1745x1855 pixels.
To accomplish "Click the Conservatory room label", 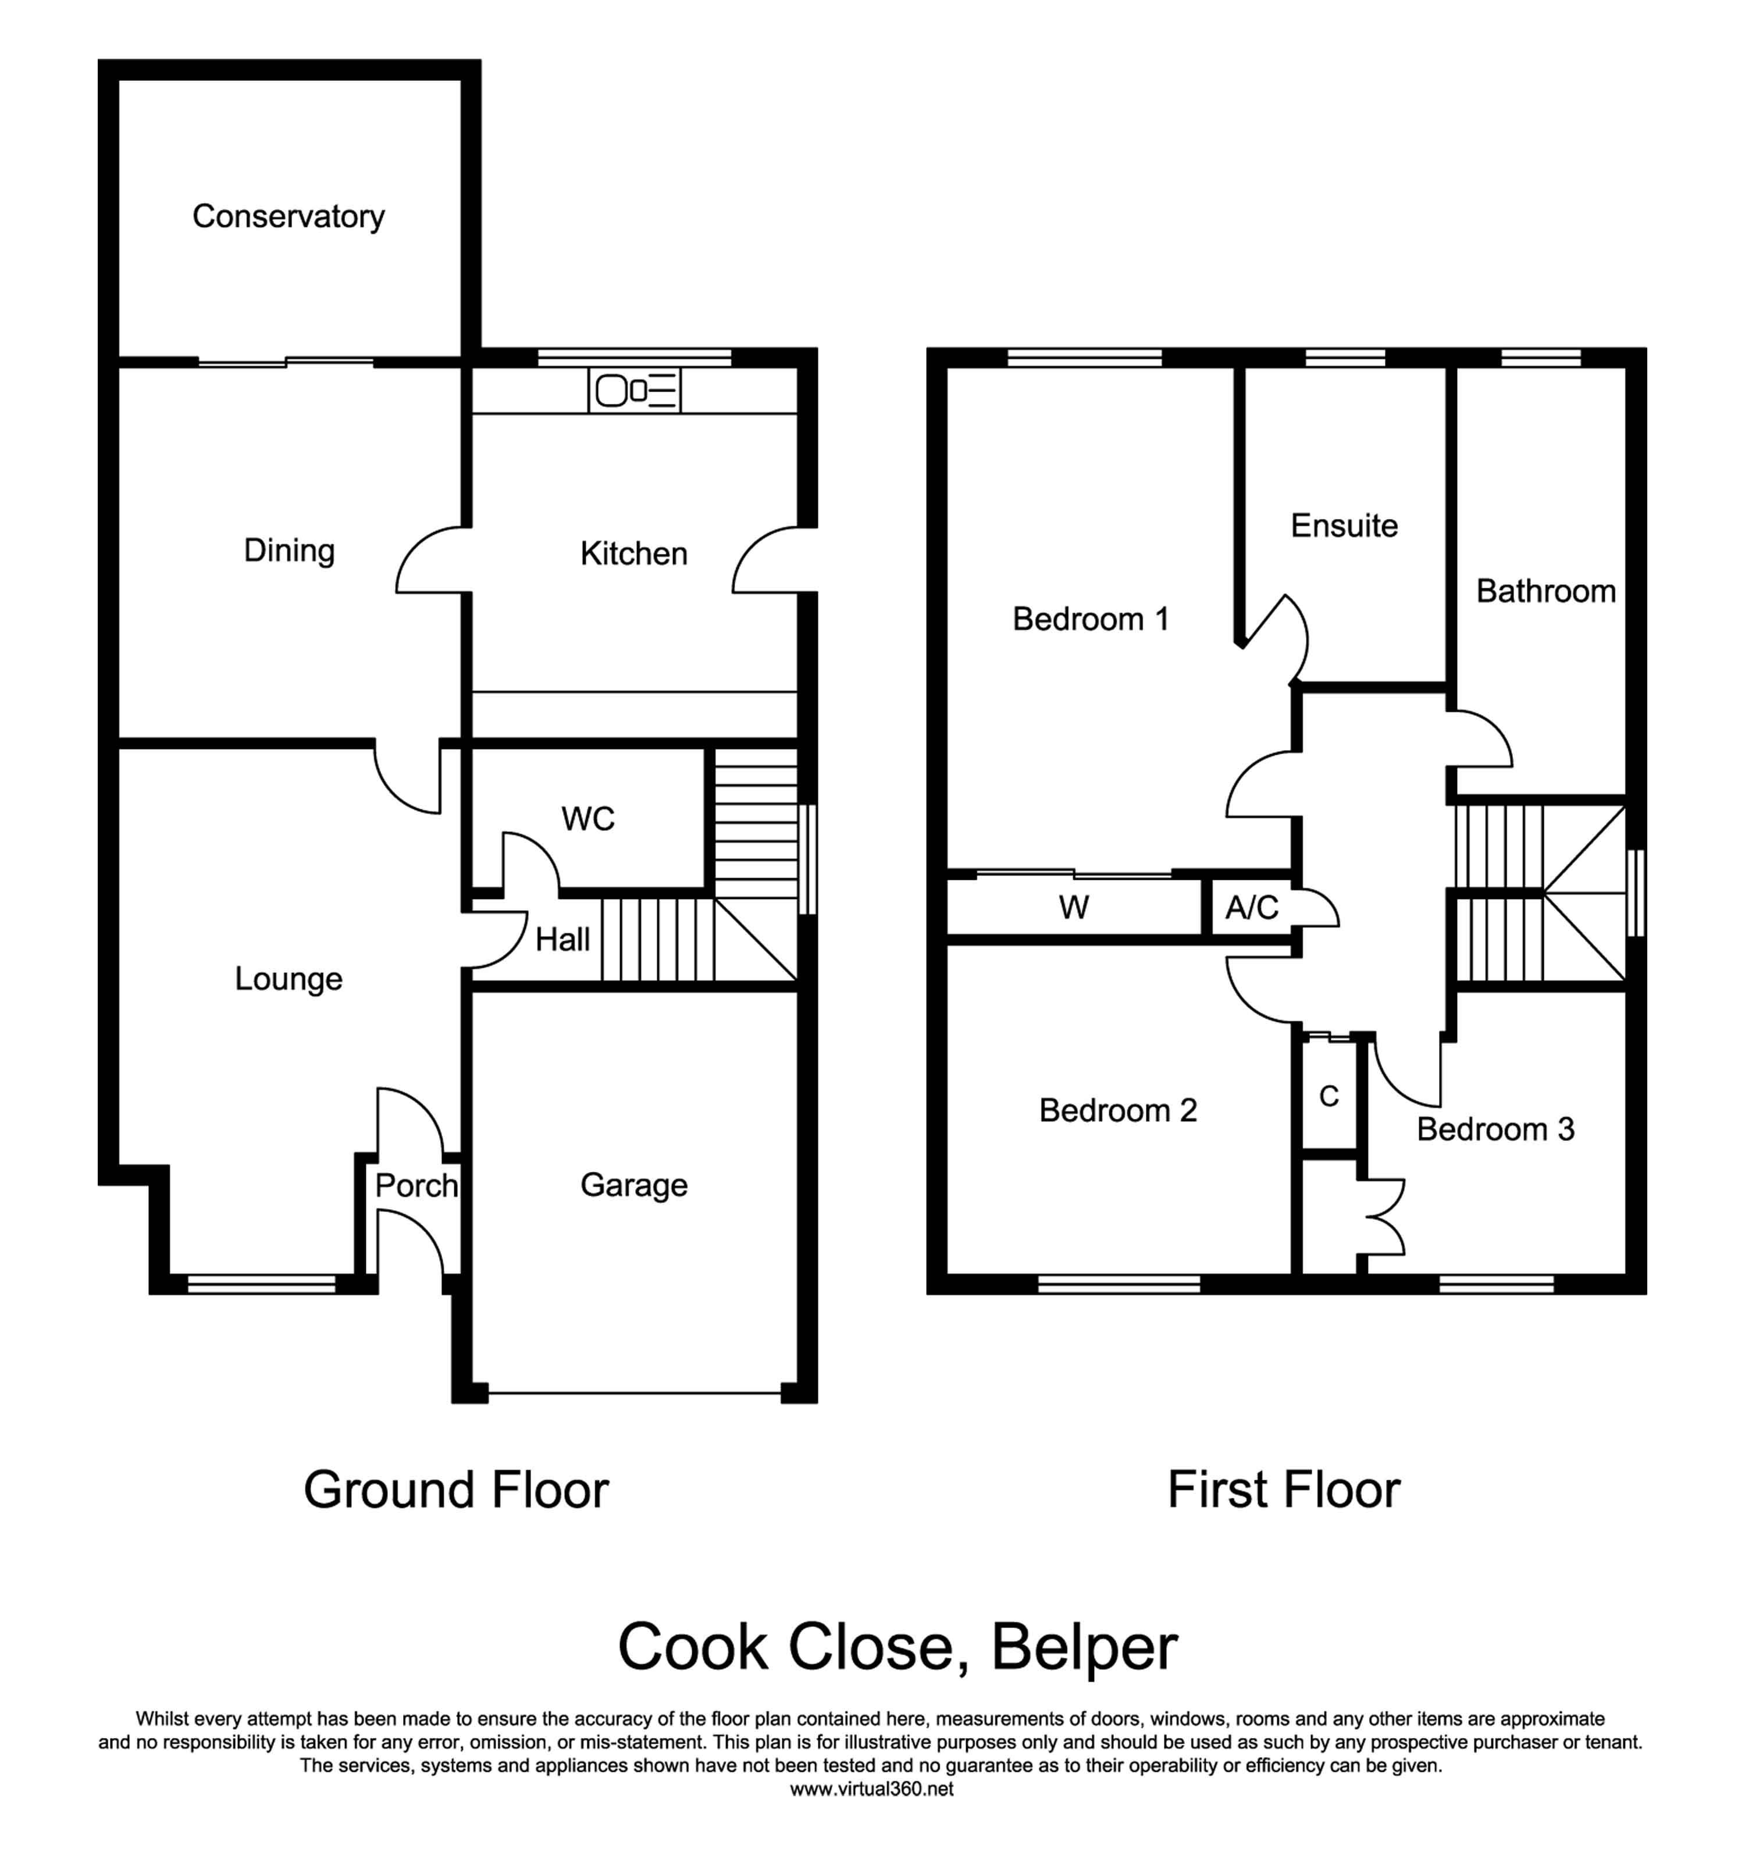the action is pyautogui.click(x=288, y=216).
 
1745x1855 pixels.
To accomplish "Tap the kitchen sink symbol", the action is pyautogui.click(x=634, y=390).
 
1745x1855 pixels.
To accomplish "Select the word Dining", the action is pyautogui.click(x=289, y=550).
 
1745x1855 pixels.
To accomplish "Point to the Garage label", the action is pyautogui.click(x=634, y=1185).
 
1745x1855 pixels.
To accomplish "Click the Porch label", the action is pyautogui.click(x=416, y=1186).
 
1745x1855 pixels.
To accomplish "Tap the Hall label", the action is pyautogui.click(x=562, y=940).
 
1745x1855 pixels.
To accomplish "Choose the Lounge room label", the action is pyautogui.click(x=288, y=979).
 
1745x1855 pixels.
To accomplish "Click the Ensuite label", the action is pyautogui.click(x=1344, y=526).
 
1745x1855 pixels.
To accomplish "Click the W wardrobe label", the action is pyautogui.click(x=1074, y=908).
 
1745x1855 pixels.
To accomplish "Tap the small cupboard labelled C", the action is pyautogui.click(x=1329, y=1096).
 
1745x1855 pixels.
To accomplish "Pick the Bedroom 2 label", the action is pyautogui.click(x=1117, y=1110).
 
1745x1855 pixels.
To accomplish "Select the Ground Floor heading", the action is pyautogui.click(x=456, y=1490).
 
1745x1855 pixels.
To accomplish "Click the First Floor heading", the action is pyautogui.click(x=1283, y=1490).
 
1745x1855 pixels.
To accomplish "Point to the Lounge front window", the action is pyautogui.click(x=261, y=1285).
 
